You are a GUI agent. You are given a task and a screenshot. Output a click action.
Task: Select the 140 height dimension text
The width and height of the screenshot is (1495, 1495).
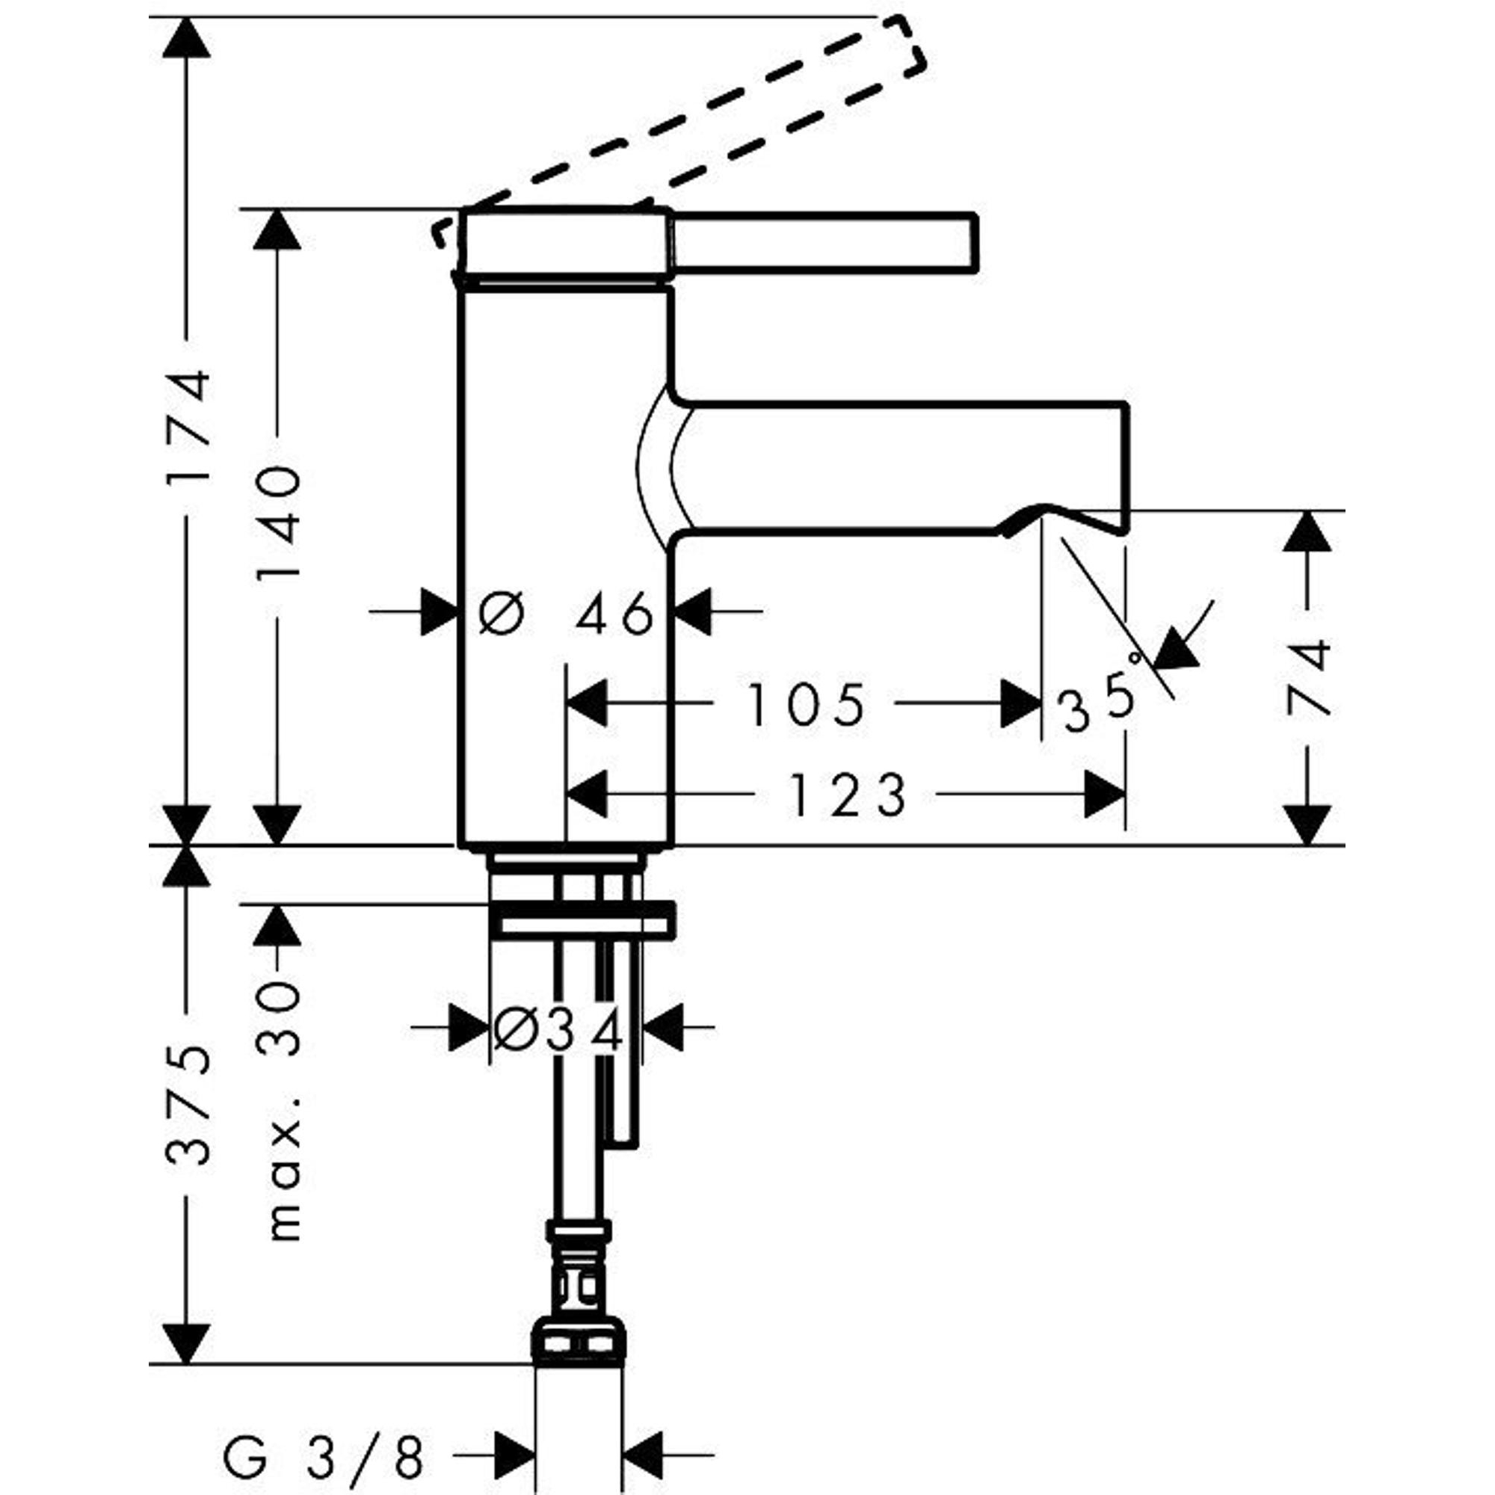click(278, 526)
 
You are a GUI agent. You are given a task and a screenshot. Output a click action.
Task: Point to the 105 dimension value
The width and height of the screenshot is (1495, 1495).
click(804, 705)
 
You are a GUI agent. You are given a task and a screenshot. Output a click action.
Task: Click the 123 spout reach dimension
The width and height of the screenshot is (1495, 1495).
click(847, 795)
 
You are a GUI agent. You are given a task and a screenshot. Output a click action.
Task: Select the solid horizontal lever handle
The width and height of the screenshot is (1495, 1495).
click(824, 241)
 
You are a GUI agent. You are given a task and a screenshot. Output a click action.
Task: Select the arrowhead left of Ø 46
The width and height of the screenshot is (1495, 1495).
click(438, 611)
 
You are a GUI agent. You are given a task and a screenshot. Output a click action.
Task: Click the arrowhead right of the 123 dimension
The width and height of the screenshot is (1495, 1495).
click(1104, 795)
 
